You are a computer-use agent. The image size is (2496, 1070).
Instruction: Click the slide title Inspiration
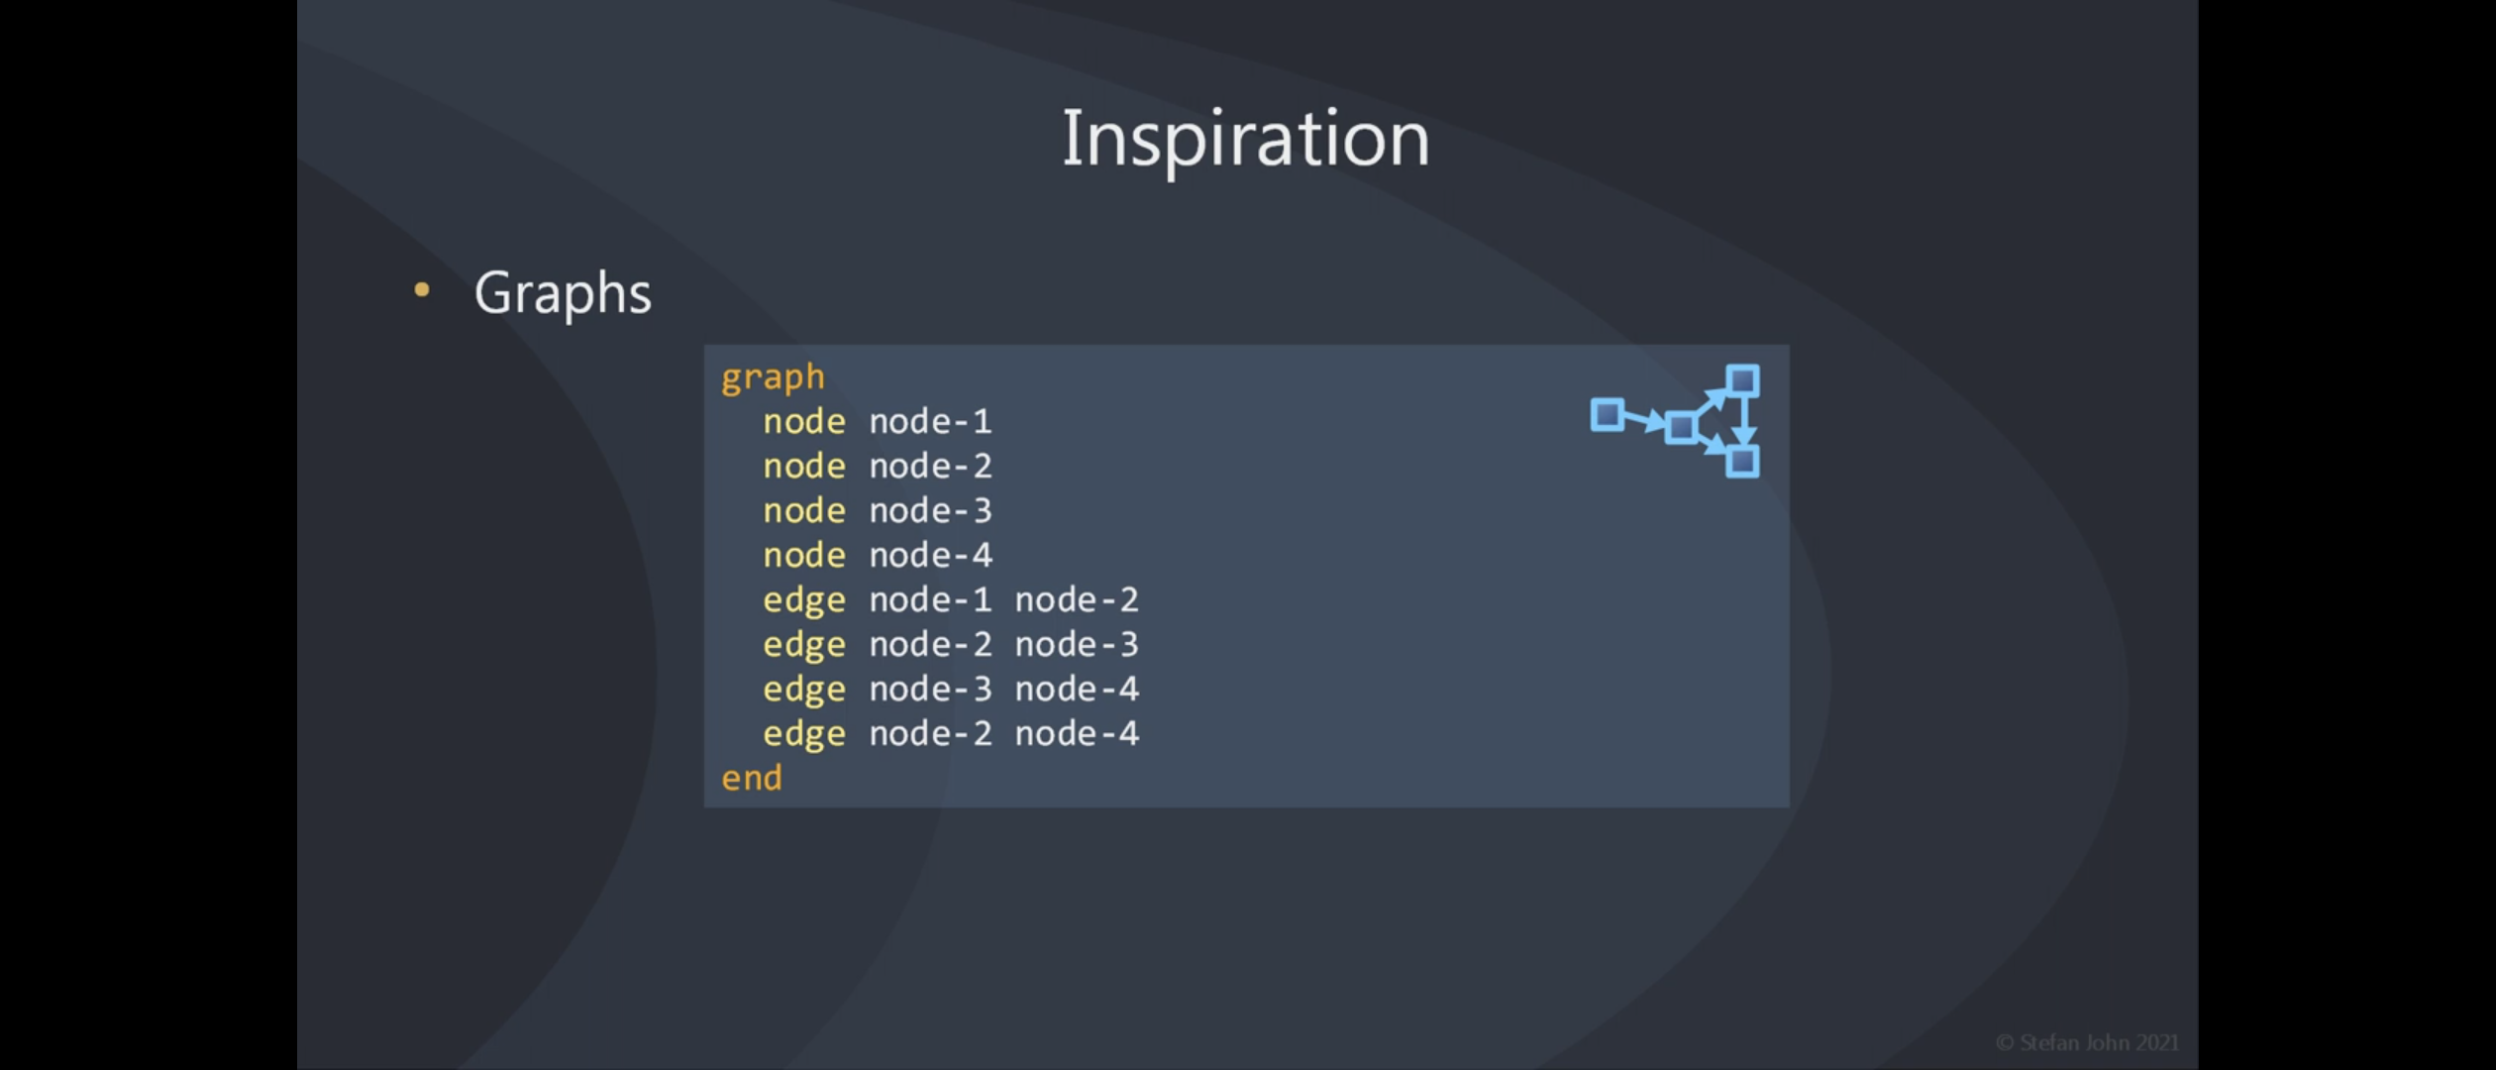point(1245,140)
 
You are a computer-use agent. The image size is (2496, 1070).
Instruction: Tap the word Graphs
point(563,294)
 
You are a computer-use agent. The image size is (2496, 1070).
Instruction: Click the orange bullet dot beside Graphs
point(422,289)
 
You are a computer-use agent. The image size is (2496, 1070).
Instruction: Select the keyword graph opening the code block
point(773,377)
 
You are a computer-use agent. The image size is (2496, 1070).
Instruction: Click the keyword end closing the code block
point(752,778)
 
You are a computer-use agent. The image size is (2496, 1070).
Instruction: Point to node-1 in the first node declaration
point(930,421)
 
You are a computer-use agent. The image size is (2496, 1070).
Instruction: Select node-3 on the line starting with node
point(930,510)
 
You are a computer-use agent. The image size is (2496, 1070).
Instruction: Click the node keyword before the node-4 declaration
point(804,555)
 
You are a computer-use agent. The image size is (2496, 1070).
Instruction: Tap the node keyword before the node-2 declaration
point(804,466)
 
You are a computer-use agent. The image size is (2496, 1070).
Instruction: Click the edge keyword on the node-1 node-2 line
point(804,601)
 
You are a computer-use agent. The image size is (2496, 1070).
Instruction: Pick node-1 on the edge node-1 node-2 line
point(930,599)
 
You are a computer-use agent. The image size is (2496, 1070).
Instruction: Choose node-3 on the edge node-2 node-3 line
point(1077,644)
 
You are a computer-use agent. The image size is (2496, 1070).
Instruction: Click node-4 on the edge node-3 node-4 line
point(1077,689)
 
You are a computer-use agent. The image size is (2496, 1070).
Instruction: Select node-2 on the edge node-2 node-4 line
point(930,733)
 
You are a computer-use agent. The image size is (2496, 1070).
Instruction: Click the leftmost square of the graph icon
point(1608,415)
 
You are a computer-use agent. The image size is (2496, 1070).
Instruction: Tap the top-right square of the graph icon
point(1742,381)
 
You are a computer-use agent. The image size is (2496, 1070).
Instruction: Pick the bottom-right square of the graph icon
point(1742,462)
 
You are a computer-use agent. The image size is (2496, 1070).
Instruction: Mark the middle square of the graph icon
point(1681,427)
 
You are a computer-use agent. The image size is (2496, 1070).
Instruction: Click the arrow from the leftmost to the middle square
point(1644,421)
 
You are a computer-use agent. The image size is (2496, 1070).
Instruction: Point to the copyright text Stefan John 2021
point(2087,1042)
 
